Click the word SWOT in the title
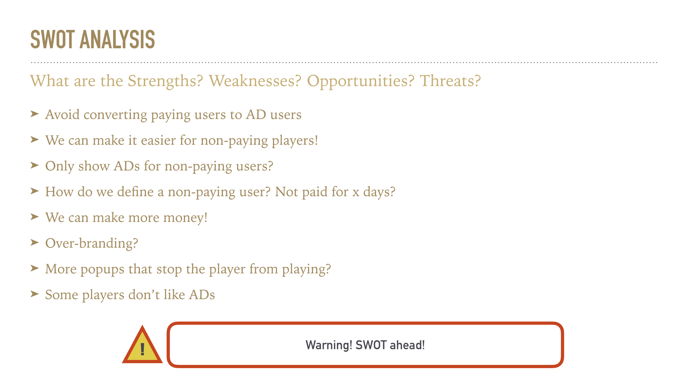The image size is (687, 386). [x=53, y=39]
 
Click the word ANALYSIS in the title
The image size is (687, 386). [x=117, y=39]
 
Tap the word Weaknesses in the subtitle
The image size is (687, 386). [x=255, y=81]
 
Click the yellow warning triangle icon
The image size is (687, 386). [x=142, y=345]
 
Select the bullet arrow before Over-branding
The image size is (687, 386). [x=35, y=243]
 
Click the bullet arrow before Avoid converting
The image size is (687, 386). [x=35, y=114]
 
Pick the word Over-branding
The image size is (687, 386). [x=92, y=243]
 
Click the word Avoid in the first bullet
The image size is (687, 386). [x=62, y=115]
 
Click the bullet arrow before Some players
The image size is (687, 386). [x=35, y=294]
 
